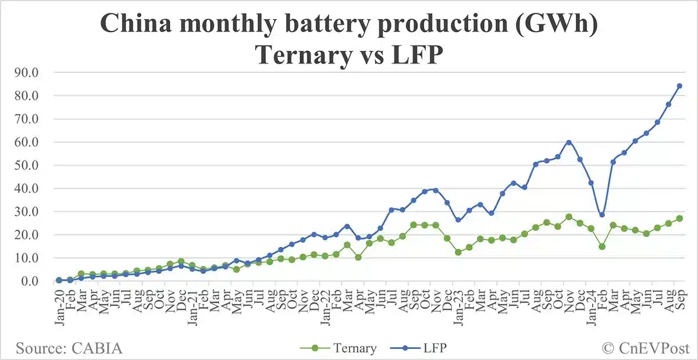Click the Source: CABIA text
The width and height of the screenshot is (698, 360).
[x=69, y=348]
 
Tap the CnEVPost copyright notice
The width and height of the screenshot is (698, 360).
[x=644, y=348]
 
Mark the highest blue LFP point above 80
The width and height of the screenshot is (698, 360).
[x=679, y=86]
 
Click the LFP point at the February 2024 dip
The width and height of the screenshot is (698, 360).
[x=602, y=215]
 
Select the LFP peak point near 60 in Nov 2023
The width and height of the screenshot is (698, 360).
[x=569, y=142]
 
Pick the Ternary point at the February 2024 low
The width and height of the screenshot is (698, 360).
[x=602, y=247]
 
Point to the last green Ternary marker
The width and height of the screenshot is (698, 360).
[x=679, y=219]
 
